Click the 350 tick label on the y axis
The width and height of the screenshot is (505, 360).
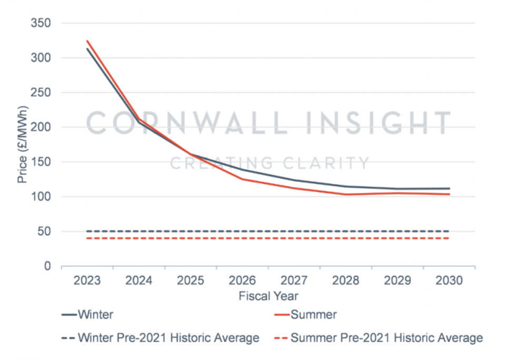pos(42,23)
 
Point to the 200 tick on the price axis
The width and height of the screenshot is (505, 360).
pos(42,127)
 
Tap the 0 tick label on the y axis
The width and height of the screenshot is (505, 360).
pos(48,266)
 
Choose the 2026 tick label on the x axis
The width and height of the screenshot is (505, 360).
pos(242,280)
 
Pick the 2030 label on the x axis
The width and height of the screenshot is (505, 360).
pos(449,280)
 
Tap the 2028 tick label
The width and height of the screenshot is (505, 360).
pos(346,280)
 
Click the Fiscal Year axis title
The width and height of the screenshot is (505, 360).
pos(268,296)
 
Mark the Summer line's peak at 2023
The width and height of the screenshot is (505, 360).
pos(87,41)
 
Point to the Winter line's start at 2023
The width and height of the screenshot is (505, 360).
pos(87,49)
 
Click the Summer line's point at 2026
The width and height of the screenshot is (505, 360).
pos(242,179)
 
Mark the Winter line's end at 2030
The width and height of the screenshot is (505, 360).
pos(449,189)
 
